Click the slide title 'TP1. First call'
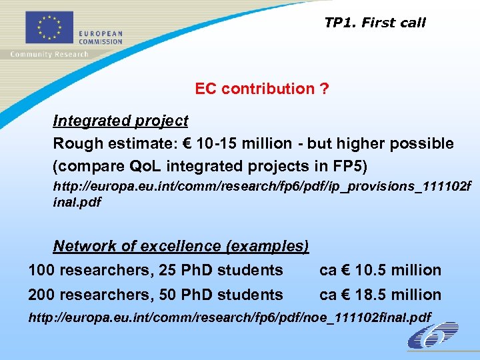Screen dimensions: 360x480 (375, 23)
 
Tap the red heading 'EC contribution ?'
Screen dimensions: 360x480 (261, 89)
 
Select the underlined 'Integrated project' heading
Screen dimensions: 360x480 (121, 121)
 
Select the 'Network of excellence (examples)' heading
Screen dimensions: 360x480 (181, 246)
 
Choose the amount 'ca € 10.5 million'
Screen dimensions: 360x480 (380, 270)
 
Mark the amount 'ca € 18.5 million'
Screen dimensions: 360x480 (380, 294)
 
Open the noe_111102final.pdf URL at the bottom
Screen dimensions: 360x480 (229, 317)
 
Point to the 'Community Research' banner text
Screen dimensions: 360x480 (49, 54)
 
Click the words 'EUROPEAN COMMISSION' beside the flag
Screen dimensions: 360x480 (101, 37)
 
